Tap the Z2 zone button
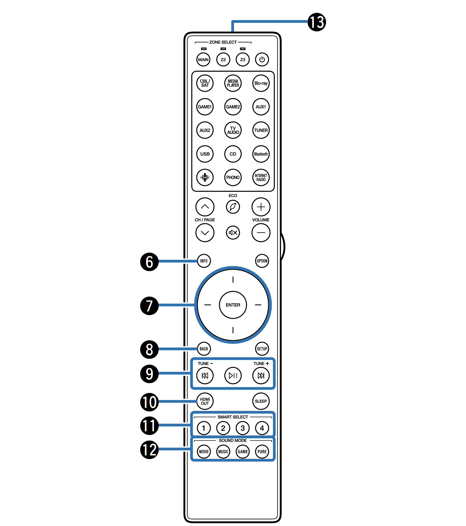point(223,60)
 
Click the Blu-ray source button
point(261,83)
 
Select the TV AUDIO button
point(233,130)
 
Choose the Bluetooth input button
point(261,154)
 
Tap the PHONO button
point(233,178)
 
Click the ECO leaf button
point(233,207)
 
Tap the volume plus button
point(261,207)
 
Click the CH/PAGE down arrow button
point(205,233)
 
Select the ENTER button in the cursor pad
point(233,305)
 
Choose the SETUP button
point(262,349)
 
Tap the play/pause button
point(233,376)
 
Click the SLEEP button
point(261,401)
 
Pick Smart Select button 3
point(243,428)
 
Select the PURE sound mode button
point(262,452)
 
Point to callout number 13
point(317,22)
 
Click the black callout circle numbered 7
point(149,306)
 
